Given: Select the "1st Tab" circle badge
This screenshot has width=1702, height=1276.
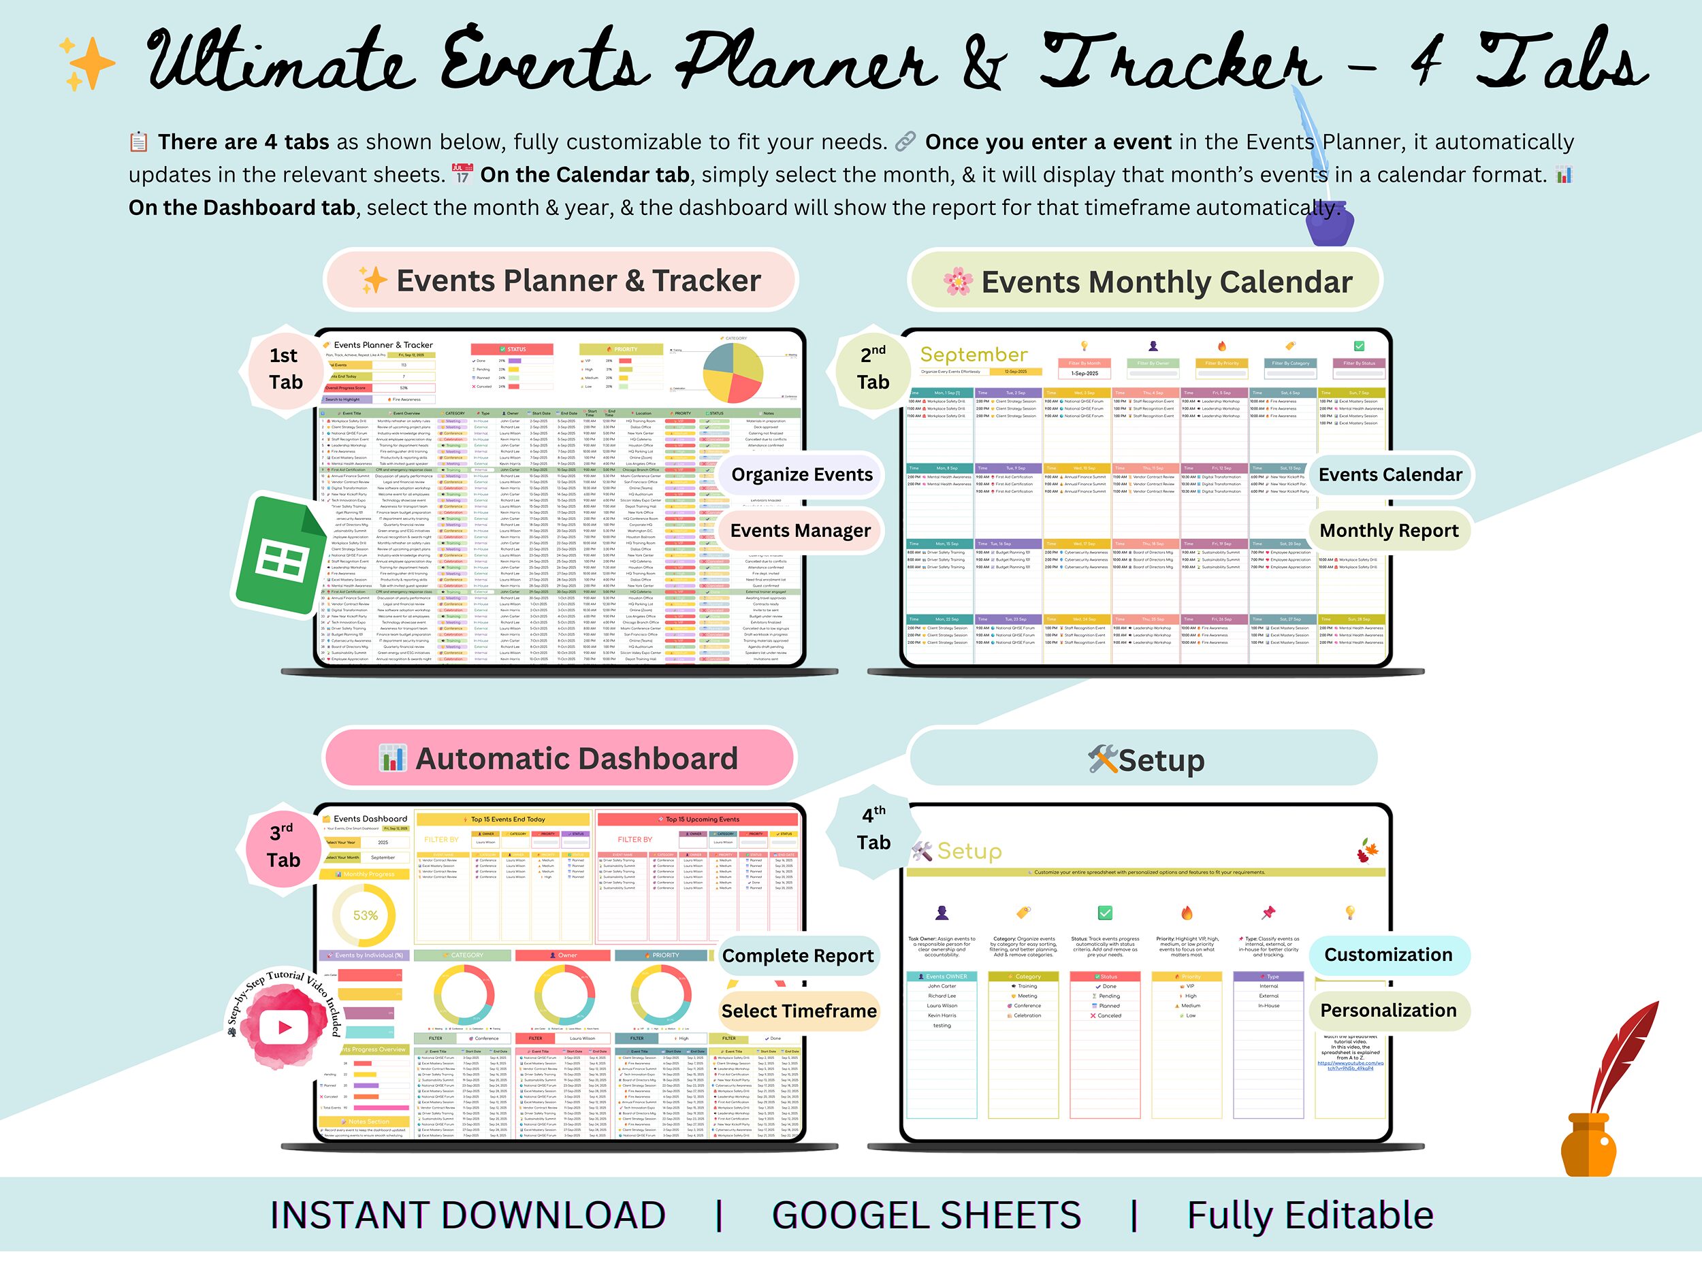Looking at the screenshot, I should coord(285,369).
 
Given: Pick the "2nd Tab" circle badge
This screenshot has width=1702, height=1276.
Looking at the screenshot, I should coord(873,369).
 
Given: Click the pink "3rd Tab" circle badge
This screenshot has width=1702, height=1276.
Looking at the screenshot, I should coord(283,846).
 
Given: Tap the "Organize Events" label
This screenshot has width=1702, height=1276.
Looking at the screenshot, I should coord(802,474).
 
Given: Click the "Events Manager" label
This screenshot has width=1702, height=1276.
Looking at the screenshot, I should coord(800,531).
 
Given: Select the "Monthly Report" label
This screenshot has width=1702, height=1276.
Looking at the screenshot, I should coord(1389,531).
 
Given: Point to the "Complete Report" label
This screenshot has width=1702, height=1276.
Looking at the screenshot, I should coord(798,956).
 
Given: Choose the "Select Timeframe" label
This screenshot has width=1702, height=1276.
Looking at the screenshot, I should coord(799,1011).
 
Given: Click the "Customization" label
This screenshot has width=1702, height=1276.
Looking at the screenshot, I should coord(1388,955).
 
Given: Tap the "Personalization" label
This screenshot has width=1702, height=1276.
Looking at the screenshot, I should coord(1388,1011).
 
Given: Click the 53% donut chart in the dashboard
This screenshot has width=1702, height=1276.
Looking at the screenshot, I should coord(365,915).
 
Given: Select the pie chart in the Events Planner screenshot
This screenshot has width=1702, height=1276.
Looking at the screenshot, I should coord(733,372).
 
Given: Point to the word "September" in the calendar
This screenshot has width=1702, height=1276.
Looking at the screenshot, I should coord(974,355).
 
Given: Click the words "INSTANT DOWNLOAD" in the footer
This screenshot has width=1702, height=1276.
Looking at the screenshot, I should coord(468,1216).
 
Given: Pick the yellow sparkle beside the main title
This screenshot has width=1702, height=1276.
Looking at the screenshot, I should coord(88,63).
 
